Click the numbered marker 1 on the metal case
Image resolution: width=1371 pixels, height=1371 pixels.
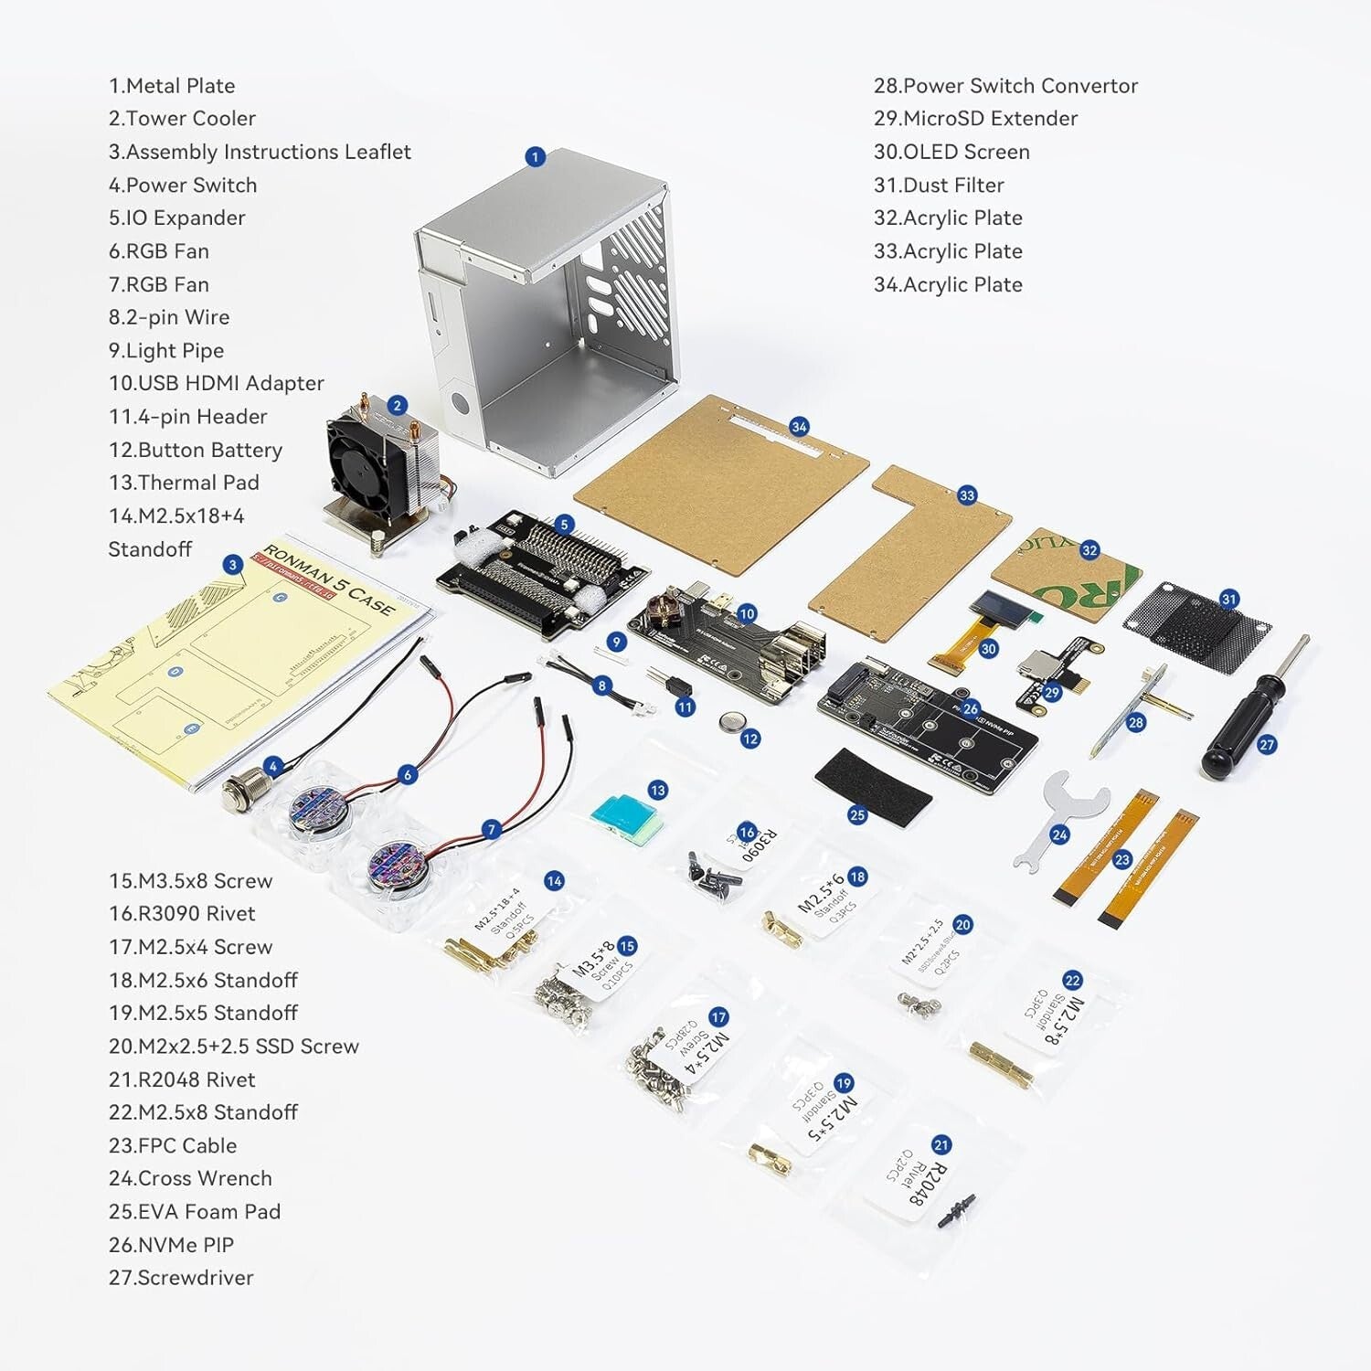[x=536, y=156]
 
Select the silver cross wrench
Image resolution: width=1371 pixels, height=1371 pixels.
[x=1060, y=813]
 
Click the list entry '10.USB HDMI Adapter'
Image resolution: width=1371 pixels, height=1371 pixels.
[x=216, y=383]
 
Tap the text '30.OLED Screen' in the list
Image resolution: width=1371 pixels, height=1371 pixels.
[x=951, y=152]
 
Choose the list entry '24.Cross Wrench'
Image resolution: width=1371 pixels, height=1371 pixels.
[x=190, y=1178]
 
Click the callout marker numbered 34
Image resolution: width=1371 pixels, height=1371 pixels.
[x=799, y=427]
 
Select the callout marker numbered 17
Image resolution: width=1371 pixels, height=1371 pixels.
[x=718, y=1017]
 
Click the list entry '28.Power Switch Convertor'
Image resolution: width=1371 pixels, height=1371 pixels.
[x=1005, y=86]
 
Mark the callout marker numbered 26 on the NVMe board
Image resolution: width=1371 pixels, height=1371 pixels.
[x=970, y=708]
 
